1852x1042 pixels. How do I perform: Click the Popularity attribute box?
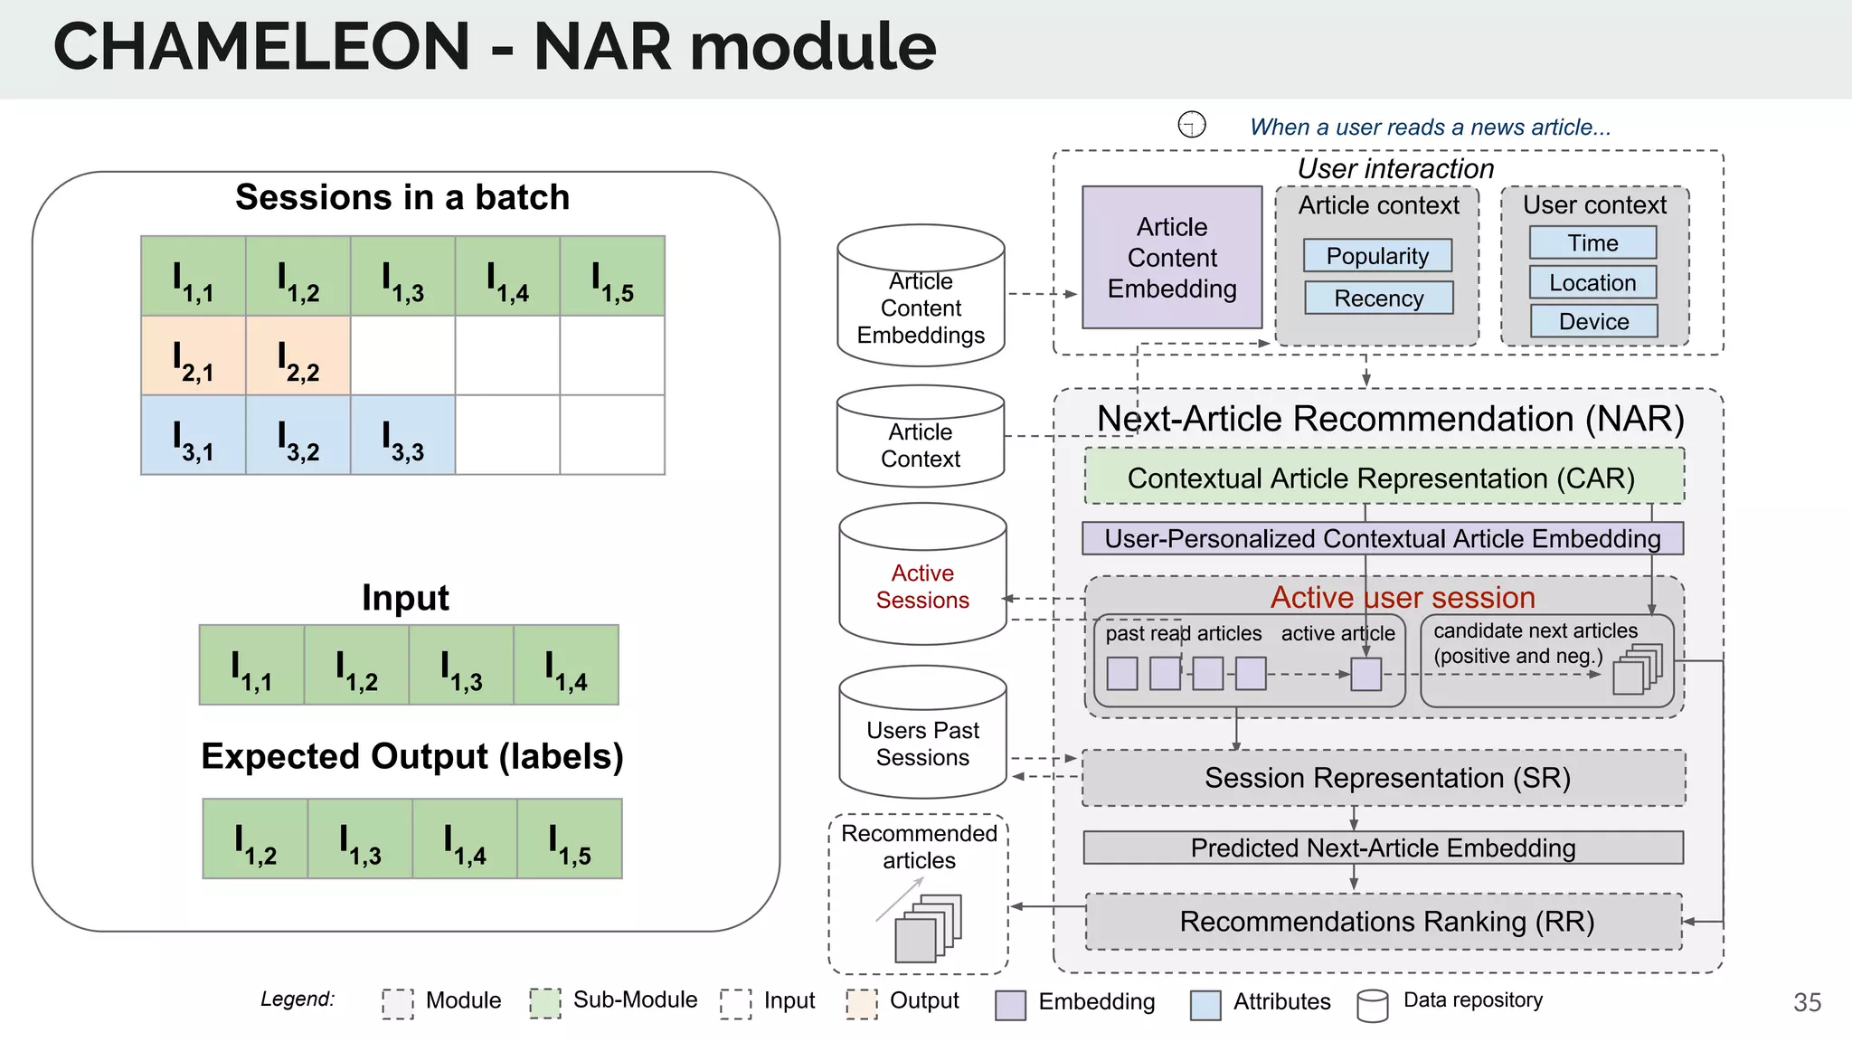point(1377,256)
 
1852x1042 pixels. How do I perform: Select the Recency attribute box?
point(1378,298)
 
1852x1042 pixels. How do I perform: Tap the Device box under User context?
point(1593,321)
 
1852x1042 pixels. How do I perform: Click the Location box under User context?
point(1592,282)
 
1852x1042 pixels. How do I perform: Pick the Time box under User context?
point(1592,242)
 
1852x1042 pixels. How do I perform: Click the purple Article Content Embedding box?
point(1172,258)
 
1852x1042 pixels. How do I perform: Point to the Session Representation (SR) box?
point(1384,778)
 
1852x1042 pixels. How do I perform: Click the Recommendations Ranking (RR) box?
point(1384,922)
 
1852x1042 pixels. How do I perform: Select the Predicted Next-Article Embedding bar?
point(1383,848)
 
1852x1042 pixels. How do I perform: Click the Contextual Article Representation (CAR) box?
point(1383,477)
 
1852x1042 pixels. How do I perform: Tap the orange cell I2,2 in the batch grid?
point(298,355)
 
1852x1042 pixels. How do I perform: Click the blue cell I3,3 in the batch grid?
point(403,435)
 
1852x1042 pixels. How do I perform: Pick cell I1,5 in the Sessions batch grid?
point(612,276)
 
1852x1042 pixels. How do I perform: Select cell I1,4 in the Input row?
point(566,665)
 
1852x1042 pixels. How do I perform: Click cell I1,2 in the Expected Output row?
point(256,838)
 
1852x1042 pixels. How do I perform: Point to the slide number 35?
point(1807,1002)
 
